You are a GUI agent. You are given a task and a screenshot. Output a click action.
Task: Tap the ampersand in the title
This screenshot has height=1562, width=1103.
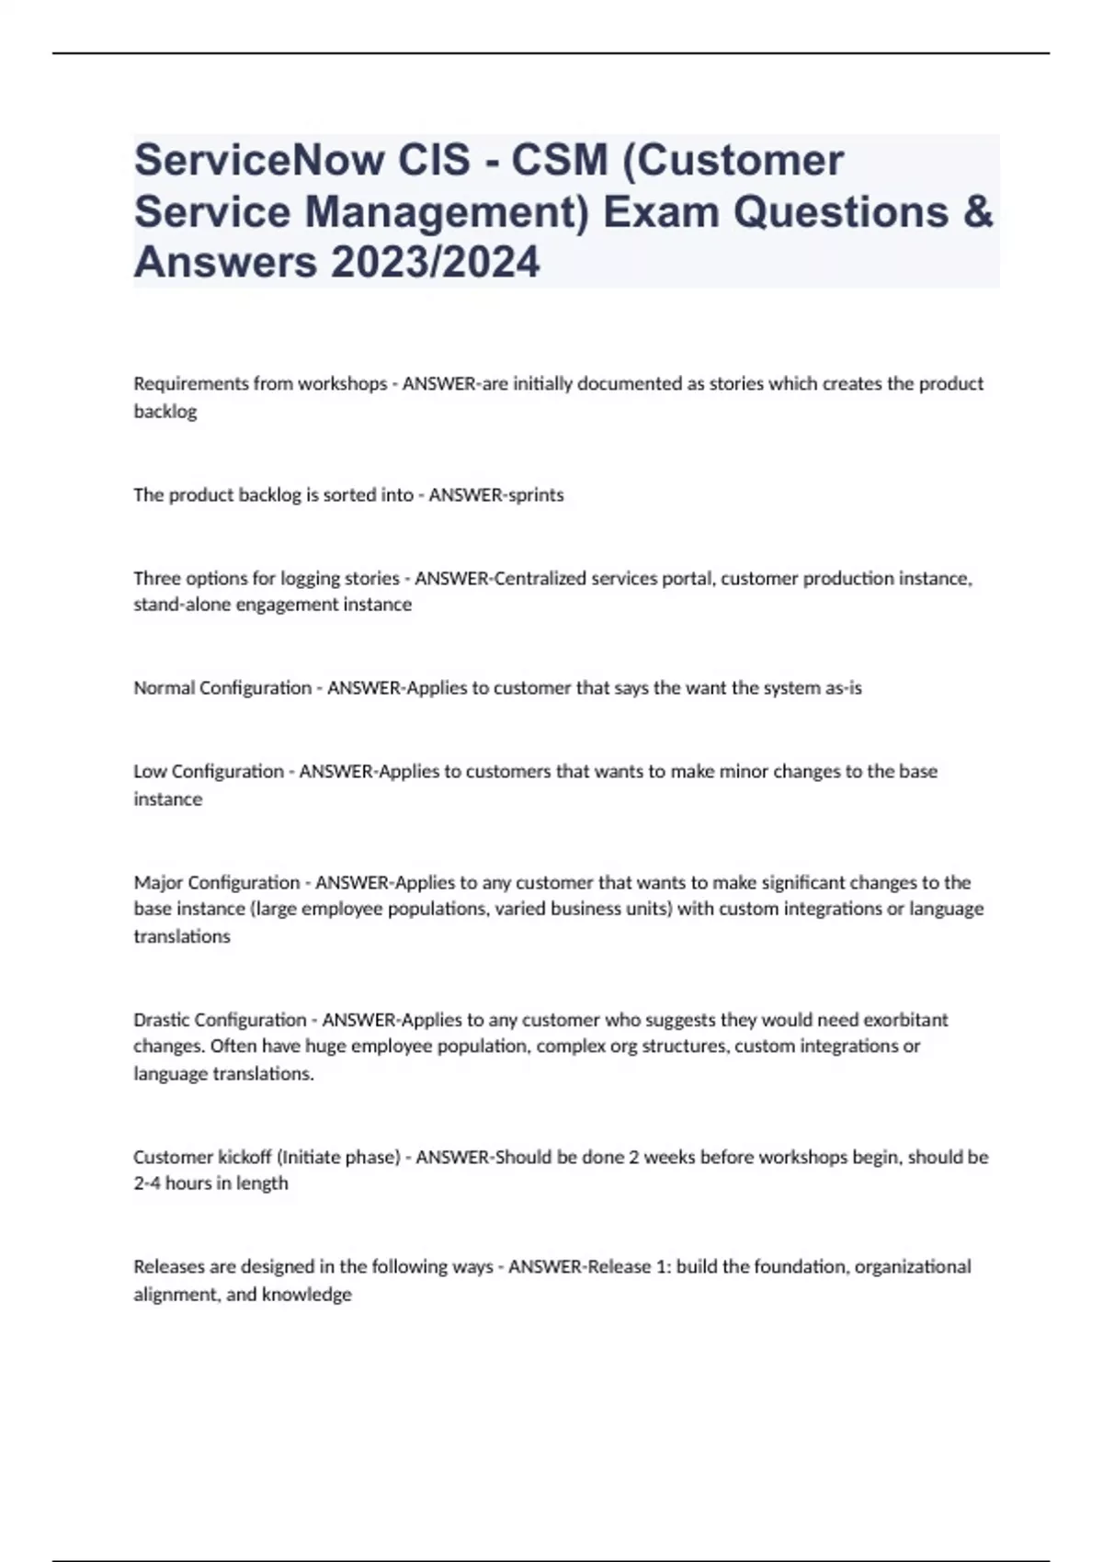click(x=980, y=212)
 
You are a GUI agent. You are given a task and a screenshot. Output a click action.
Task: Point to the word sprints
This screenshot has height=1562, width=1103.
click(x=536, y=495)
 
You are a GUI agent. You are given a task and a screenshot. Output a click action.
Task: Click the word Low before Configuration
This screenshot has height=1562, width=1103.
click(x=151, y=772)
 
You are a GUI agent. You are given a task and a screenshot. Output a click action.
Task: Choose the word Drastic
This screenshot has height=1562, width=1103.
click(x=162, y=1020)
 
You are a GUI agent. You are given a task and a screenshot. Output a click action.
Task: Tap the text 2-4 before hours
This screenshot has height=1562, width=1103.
click(x=147, y=1183)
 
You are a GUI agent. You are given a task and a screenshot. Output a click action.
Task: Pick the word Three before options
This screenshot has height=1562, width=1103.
click(x=156, y=579)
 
